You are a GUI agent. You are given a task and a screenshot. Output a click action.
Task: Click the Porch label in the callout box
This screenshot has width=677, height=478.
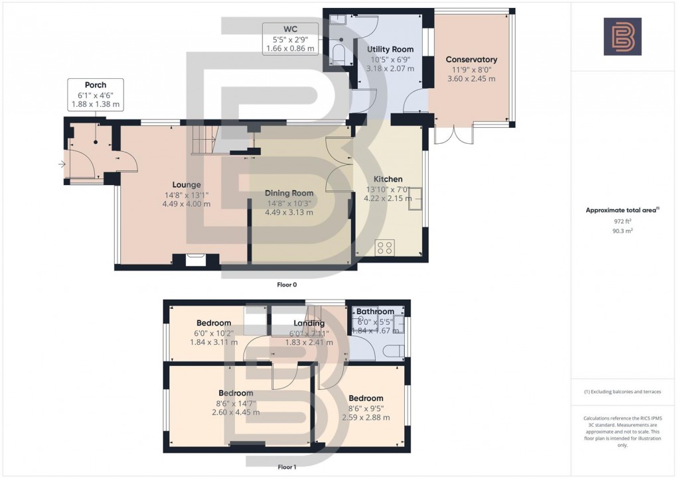(95, 85)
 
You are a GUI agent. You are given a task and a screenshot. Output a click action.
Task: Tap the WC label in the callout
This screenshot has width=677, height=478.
(290, 29)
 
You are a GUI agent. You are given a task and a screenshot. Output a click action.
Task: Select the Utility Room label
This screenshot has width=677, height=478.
(390, 50)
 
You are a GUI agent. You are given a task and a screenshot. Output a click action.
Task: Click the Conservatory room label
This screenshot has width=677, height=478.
(471, 60)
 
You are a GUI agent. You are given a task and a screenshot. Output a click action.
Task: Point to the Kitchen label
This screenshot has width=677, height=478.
(388, 179)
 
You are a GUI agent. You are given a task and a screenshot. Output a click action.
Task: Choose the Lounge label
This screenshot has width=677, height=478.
(186, 185)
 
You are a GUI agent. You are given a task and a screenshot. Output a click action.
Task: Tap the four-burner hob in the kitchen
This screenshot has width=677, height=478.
(385, 248)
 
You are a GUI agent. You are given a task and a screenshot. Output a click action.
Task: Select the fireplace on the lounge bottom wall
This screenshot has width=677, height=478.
(195, 259)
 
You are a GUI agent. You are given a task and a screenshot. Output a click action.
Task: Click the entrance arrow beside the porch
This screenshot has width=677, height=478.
(62, 164)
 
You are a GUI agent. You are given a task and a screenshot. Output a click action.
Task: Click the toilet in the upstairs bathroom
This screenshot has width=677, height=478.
(398, 351)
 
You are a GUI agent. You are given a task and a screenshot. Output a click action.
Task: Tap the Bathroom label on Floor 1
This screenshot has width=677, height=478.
(375, 312)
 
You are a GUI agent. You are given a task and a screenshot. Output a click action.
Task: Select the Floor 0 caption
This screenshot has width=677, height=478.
(286, 284)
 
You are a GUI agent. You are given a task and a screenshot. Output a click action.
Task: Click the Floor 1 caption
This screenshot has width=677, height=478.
(287, 467)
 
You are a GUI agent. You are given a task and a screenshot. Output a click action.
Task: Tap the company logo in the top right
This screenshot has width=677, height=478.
(622, 36)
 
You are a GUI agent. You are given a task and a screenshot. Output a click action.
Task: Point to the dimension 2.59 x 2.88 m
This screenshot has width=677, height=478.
(365, 418)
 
